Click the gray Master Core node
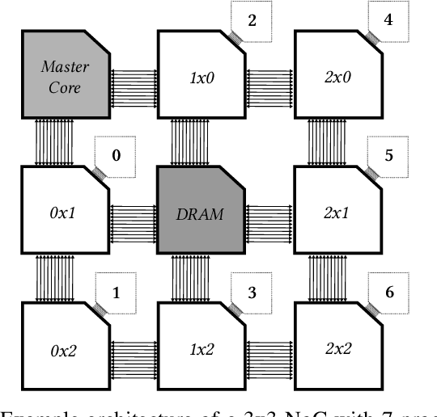pyautogui.click(x=65, y=75)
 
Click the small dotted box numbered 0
pyautogui.click(x=116, y=151)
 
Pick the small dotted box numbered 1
pyautogui.click(x=116, y=292)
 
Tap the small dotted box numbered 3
pyautogui.click(x=252, y=292)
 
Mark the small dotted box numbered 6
pyautogui.click(x=388, y=292)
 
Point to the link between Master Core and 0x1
pyautogui.click(x=54, y=143)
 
